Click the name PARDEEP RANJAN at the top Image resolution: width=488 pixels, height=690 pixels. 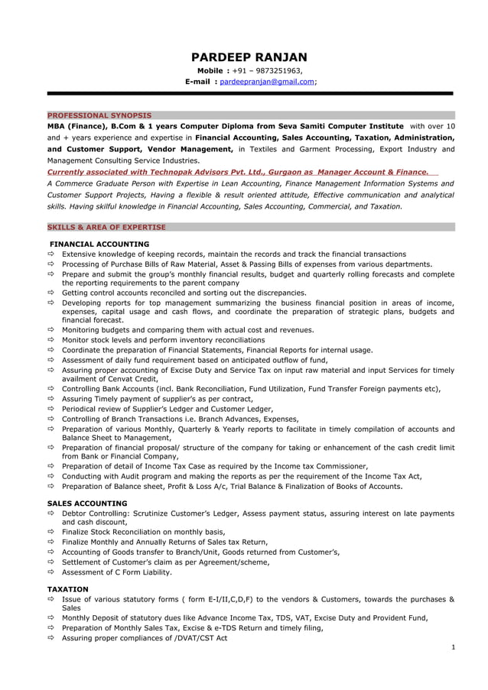[x=249, y=57]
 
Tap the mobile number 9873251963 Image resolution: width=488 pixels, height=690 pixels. [x=273, y=71]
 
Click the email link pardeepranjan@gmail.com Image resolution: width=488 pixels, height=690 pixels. [x=267, y=81]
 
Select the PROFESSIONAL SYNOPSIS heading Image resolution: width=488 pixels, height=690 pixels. [x=99, y=115]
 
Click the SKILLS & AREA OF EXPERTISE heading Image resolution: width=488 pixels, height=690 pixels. [x=106, y=227]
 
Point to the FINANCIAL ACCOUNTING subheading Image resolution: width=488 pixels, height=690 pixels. [x=100, y=244]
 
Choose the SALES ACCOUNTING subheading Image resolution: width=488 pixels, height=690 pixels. [x=87, y=504]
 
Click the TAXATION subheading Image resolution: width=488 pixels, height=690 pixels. [x=68, y=589]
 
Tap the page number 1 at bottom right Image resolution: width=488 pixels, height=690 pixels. [x=453, y=646]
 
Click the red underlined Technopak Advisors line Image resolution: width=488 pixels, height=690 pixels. [x=238, y=173]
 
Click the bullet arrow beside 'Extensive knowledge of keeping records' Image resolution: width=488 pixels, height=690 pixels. [x=51, y=254]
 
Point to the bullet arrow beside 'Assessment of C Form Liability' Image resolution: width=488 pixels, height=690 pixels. [x=51, y=572]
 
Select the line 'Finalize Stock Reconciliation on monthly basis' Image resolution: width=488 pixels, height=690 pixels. [x=143, y=532]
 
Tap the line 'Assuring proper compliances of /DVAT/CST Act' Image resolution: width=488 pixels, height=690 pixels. [x=145, y=637]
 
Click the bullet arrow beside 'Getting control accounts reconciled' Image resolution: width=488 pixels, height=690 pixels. [x=51, y=293]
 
